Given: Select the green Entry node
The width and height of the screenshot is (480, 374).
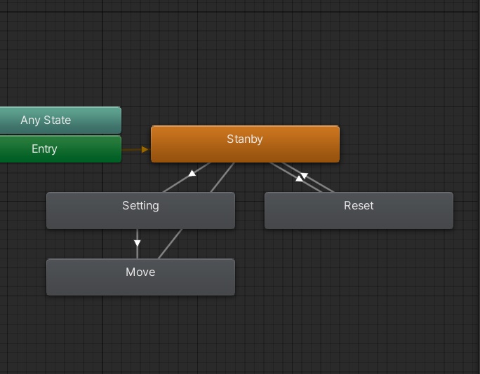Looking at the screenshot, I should [x=77, y=149].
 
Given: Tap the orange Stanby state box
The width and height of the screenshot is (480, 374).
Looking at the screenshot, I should [x=295, y=150].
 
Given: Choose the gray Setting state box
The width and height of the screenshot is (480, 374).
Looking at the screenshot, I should [x=84, y=217].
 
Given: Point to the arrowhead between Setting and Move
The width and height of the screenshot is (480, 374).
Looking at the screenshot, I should [x=138, y=243].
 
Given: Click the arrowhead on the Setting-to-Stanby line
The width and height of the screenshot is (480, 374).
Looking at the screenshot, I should [x=192, y=173].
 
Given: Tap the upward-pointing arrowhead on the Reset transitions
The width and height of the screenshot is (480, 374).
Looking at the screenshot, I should [x=299, y=179].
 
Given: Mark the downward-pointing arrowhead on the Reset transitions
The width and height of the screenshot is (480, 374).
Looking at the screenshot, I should [x=305, y=176].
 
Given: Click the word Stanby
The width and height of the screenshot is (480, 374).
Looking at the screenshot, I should [x=245, y=139].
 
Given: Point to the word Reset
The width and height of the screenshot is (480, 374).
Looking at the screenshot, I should [x=359, y=206].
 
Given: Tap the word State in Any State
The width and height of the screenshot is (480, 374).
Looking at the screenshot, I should [x=58, y=120].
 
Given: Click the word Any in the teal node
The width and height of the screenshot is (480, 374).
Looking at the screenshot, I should [x=31, y=120].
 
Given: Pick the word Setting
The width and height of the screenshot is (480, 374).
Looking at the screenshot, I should [x=140, y=206].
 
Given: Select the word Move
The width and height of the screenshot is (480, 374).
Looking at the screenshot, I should [x=140, y=272].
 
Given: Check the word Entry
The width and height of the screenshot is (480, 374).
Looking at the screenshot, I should [x=44, y=149].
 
